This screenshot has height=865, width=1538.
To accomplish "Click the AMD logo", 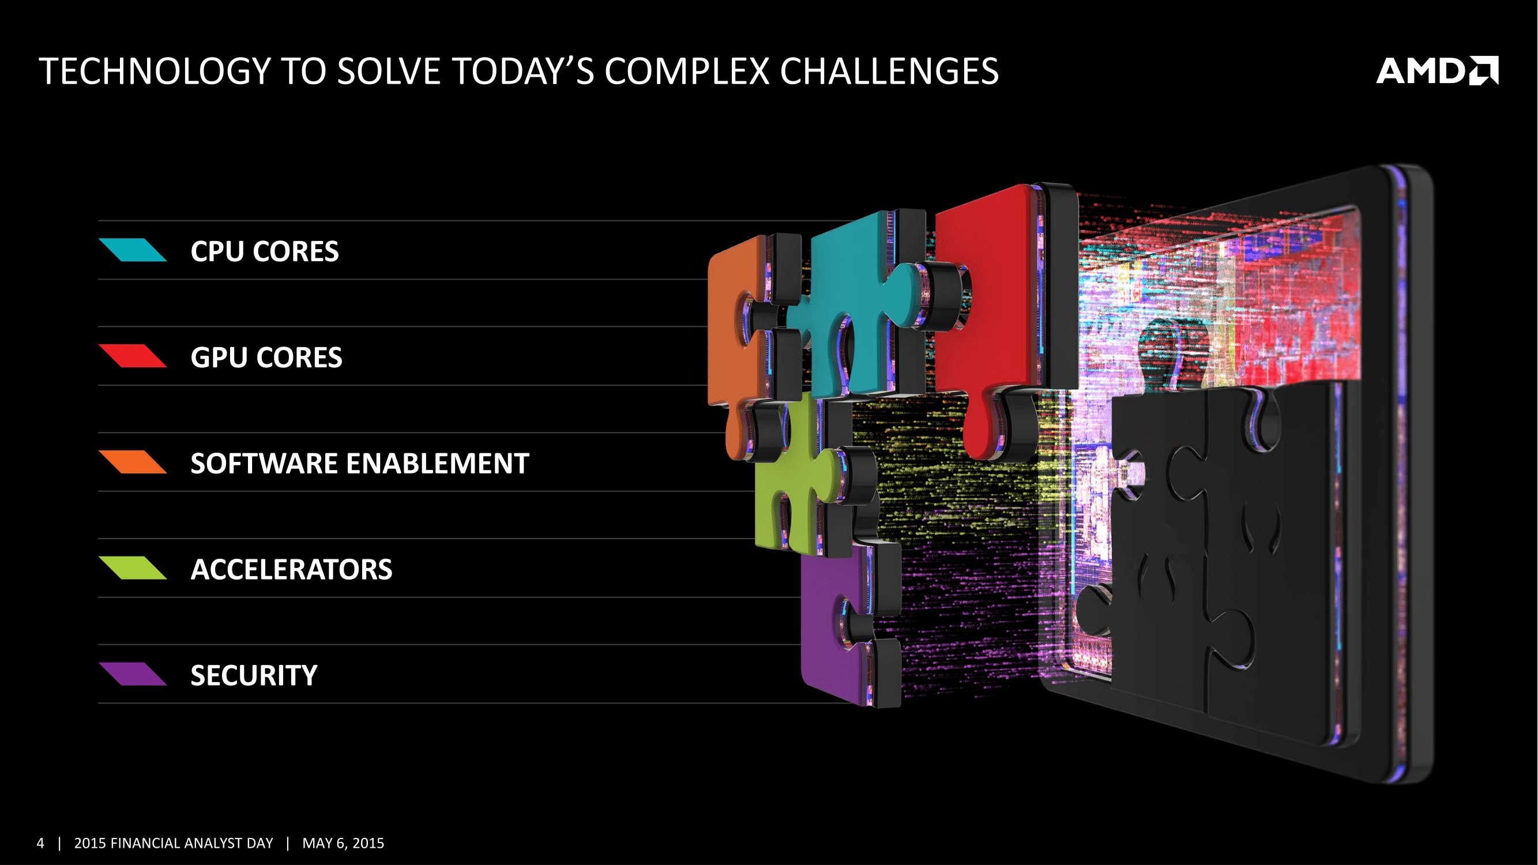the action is point(1437,71).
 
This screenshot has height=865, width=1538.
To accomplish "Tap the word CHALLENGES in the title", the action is point(889,72).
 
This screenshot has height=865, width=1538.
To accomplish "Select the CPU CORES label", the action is point(265,251).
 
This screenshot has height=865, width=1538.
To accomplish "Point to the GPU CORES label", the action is point(266,357).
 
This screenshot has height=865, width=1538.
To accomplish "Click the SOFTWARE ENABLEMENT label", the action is point(360,463).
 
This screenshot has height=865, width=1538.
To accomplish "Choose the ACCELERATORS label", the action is point(291,569).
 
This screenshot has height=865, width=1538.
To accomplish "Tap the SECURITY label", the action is point(254,675).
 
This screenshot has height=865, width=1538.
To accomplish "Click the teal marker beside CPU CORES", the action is point(133,250).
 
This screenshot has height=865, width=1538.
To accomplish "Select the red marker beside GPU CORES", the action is point(133,356).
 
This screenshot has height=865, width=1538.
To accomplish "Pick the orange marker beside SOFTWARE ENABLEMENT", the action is point(133,462).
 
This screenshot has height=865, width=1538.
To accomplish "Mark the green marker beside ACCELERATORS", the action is point(133,567).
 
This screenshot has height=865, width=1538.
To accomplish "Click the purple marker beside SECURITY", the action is point(133,674).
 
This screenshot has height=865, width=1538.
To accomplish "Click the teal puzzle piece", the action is point(860,310).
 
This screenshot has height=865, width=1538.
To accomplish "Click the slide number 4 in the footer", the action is point(40,843).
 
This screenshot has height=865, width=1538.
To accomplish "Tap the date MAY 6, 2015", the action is point(343,843).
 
